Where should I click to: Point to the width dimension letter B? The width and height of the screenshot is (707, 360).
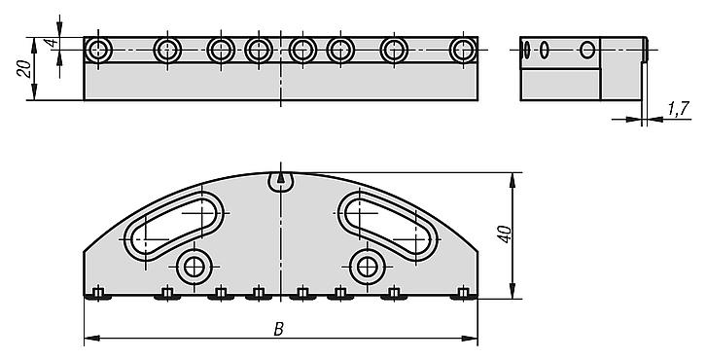pyautogui.click(x=278, y=329)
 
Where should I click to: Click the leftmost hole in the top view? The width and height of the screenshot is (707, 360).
pyautogui.click(x=97, y=49)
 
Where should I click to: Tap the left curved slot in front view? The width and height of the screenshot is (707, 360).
pyautogui.click(x=173, y=226)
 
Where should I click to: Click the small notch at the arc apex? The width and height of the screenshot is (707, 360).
pyautogui.click(x=281, y=178)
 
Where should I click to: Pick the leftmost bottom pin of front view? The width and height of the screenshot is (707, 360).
pyautogui.click(x=98, y=293)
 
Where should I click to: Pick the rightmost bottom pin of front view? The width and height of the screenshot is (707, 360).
pyautogui.click(x=464, y=293)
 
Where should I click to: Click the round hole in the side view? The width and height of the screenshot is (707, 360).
pyautogui.click(x=586, y=50)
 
